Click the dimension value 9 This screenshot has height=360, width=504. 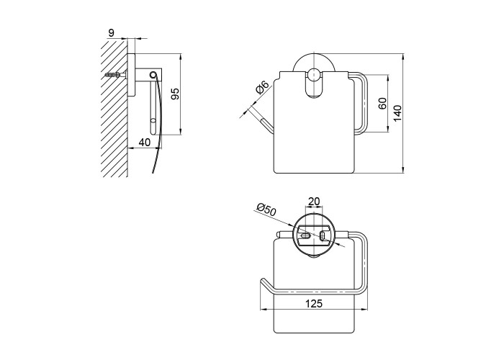pos(111,33)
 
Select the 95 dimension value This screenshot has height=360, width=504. pos(175,94)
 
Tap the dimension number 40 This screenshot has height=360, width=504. pos(145,142)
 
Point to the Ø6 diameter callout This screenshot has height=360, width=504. pos(262,87)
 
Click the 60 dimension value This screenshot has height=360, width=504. pos(382,103)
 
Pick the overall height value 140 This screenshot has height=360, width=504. pos(397,113)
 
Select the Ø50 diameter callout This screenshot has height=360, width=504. pos(266,210)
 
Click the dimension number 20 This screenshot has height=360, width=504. pos(314,201)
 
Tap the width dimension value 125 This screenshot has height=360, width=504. pos(314,303)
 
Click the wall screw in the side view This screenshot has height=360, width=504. pos(114,75)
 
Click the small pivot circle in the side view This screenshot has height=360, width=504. pos(153,75)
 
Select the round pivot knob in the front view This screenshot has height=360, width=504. pos(313,75)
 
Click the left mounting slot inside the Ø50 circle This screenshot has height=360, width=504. pos(305,236)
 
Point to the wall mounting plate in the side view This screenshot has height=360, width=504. pos(132,75)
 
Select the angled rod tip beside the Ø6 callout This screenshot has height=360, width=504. pos(267,125)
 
